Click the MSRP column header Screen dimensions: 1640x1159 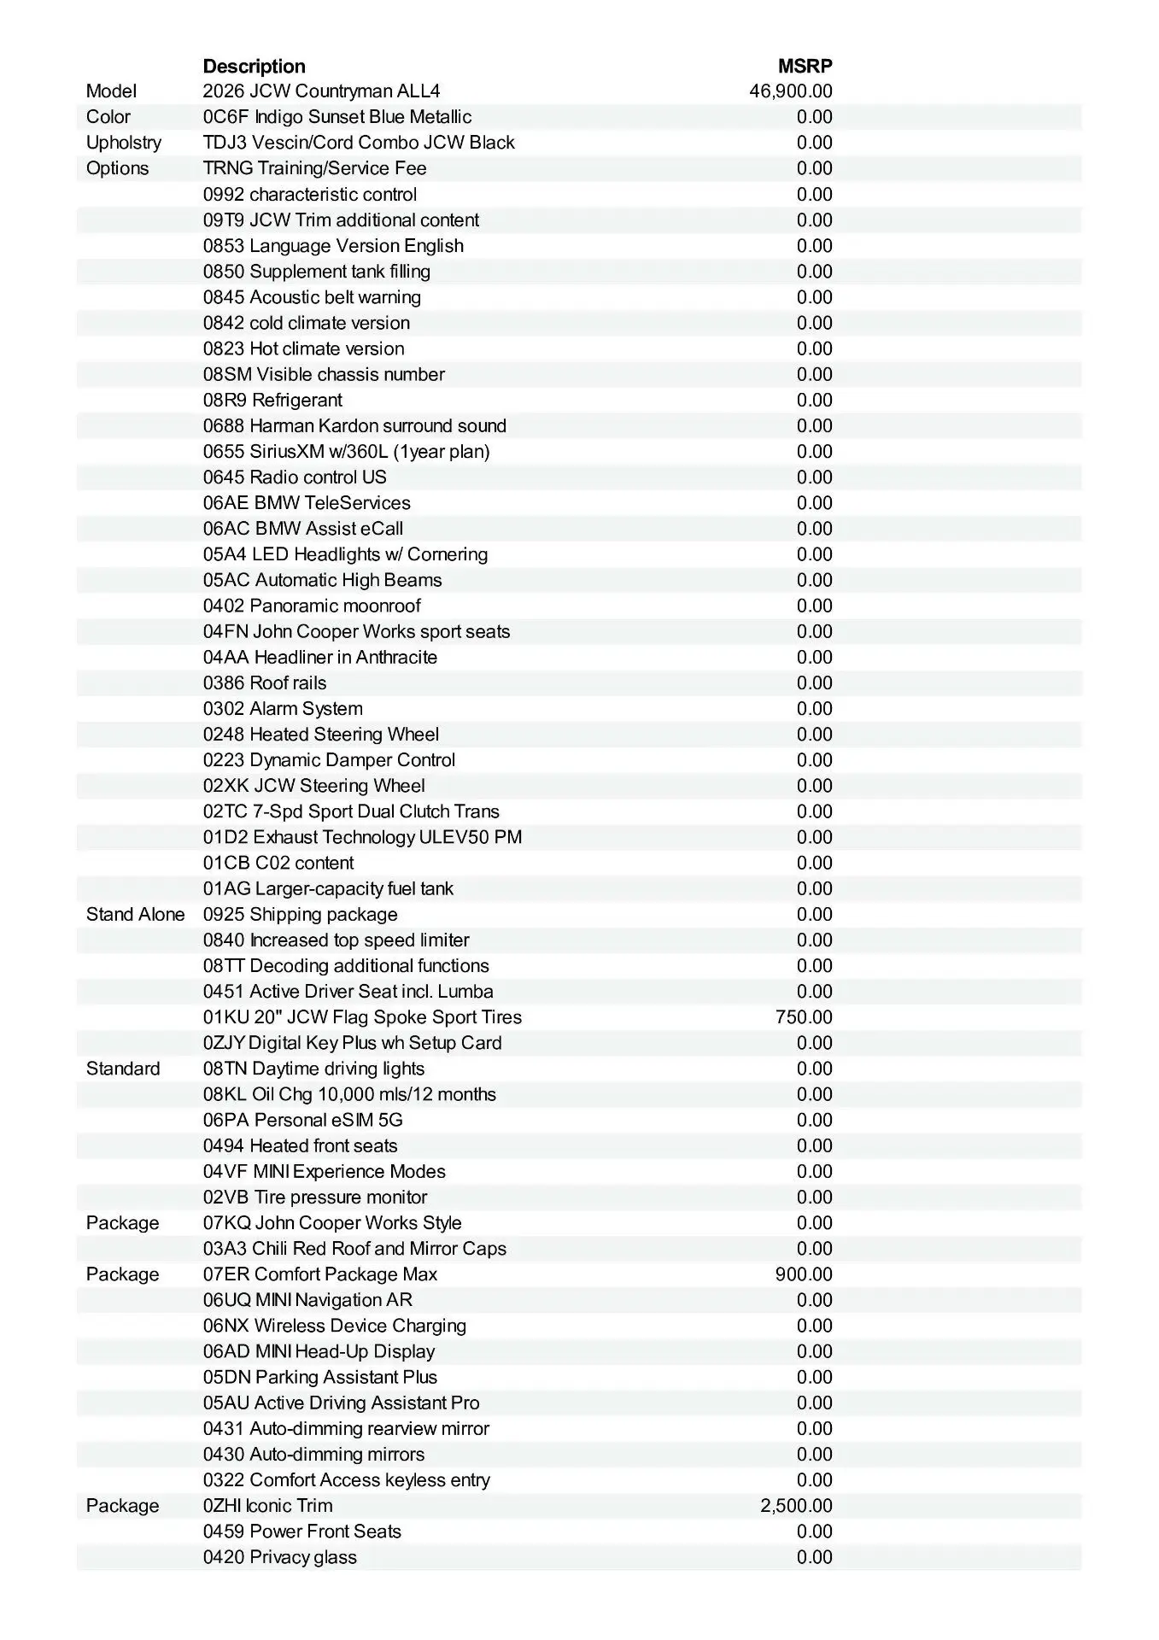pyautogui.click(x=805, y=67)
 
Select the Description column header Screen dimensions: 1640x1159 pyautogui.click(x=254, y=67)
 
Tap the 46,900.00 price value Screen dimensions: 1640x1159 pyautogui.click(x=790, y=91)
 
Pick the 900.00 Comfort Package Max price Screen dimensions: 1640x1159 pyautogui.click(x=804, y=1274)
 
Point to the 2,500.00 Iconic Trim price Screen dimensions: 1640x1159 pyautogui.click(x=796, y=1506)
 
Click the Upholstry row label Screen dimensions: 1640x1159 pyautogui.click(x=123, y=143)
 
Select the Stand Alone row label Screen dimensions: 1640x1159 pyautogui.click(x=135, y=915)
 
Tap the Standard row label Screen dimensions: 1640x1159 pyautogui.click(x=122, y=1069)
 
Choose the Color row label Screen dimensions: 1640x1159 pyautogui.click(x=108, y=117)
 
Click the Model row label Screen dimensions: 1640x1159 pyautogui.click(x=111, y=91)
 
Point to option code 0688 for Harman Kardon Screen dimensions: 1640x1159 pyautogui.click(x=224, y=426)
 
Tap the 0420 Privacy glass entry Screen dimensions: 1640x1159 pyautogui.click(x=279, y=1557)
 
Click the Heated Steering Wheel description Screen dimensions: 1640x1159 pyautogui.click(x=344, y=735)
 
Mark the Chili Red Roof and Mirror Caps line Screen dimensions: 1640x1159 pyautogui.click(x=354, y=1249)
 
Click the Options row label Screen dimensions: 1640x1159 pyautogui.click(x=117, y=168)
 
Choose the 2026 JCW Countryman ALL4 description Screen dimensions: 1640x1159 pyautogui.click(x=321, y=91)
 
